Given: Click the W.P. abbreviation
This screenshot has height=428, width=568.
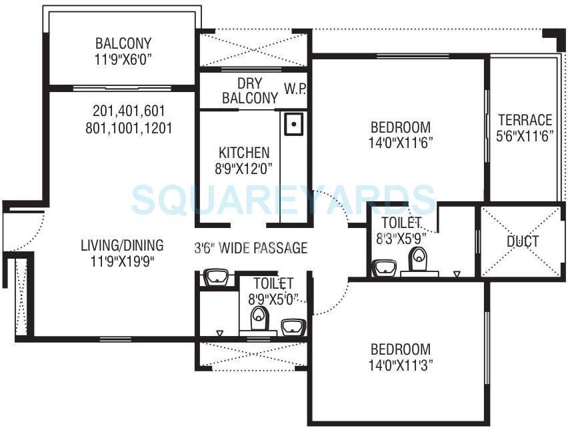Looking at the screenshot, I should (294, 89).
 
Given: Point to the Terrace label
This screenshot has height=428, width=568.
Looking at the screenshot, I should (525, 121).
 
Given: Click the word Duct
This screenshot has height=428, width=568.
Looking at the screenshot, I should (522, 241).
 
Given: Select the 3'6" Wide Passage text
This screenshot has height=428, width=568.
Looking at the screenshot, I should (251, 248).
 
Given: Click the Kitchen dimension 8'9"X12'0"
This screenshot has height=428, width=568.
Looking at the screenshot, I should (242, 169).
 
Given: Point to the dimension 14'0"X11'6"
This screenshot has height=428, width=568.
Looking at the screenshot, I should (401, 143).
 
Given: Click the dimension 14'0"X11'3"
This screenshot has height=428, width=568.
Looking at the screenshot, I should (401, 365).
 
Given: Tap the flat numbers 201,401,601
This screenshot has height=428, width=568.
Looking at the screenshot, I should (129, 111).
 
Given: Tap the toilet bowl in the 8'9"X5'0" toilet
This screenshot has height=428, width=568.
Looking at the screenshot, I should (259, 319).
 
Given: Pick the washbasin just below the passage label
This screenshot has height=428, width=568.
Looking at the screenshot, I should (216, 277).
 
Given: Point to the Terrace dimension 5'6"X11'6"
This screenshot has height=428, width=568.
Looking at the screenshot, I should (525, 137).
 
